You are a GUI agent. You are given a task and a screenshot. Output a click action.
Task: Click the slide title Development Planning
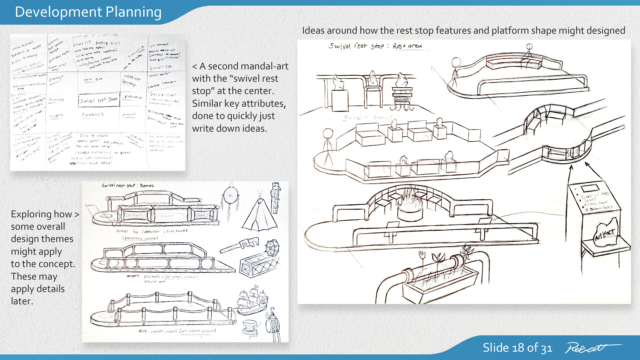[88, 12]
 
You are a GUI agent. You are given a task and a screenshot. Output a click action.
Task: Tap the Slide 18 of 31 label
[517, 348]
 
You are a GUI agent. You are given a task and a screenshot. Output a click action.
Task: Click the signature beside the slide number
[592, 348]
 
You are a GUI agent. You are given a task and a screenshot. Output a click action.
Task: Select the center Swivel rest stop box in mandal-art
[99, 100]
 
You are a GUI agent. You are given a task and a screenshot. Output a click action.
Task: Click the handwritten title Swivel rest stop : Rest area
[375, 46]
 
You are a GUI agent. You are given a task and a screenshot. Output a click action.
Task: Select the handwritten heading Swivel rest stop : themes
[128, 185]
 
